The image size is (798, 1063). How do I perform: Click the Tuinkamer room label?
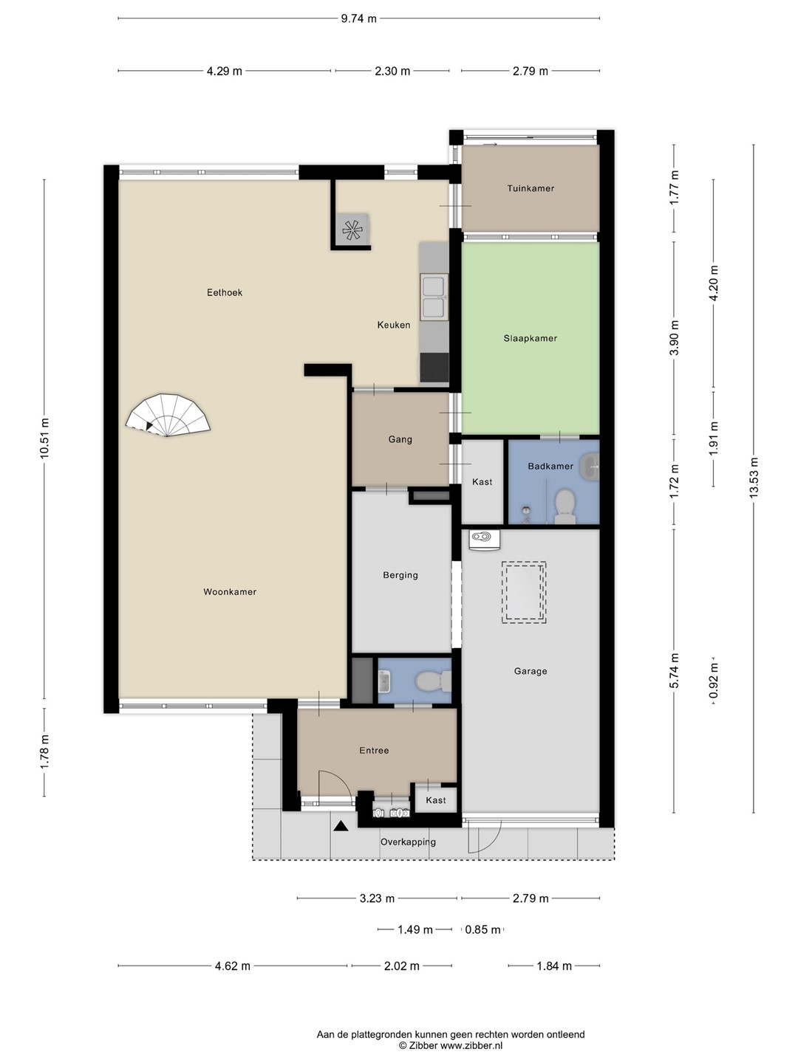[x=531, y=188]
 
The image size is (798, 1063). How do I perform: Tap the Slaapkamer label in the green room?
[x=530, y=339]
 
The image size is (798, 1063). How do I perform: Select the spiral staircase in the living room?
[x=168, y=416]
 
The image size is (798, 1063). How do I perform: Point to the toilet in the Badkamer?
[x=565, y=506]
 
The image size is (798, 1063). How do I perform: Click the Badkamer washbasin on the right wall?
[x=592, y=467]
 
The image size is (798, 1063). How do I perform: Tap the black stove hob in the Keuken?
[x=434, y=368]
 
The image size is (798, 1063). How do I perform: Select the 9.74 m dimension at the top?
[x=358, y=18]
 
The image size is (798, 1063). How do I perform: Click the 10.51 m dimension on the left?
[x=44, y=438]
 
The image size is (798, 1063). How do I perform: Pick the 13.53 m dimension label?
[x=754, y=478]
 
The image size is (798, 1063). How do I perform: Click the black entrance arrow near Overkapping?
[x=341, y=826]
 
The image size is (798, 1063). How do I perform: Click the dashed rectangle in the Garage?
[x=524, y=592]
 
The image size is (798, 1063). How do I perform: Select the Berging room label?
[x=400, y=575]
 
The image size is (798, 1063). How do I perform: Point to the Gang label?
[x=400, y=440]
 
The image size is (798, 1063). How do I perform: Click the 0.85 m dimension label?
[x=482, y=929]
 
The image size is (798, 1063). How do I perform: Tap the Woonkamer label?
[x=230, y=592]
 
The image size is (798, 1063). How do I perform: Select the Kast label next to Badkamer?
[x=482, y=482]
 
